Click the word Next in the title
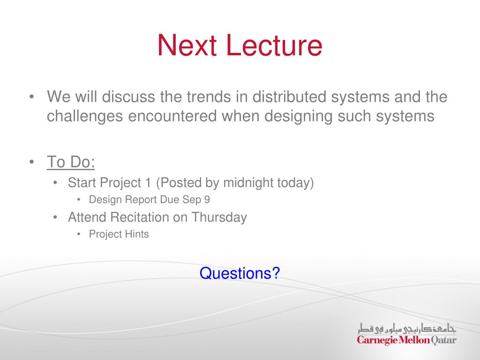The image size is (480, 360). pyautogui.click(x=187, y=45)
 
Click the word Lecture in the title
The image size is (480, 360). pyautogui.click(x=275, y=45)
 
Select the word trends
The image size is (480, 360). pyautogui.click(x=209, y=97)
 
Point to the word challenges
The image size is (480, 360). pyautogui.click(x=84, y=117)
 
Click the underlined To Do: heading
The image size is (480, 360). pyautogui.click(x=71, y=162)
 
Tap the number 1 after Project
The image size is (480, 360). pyautogui.click(x=149, y=183)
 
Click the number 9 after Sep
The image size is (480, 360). pyautogui.click(x=207, y=200)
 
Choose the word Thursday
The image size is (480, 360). pyautogui.click(x=219, y=217)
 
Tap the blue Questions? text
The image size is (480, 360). pyautogui.click(x=240, y=273)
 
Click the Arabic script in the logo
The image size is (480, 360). pyautogui.click(x=407, y=328)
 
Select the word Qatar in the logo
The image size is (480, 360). pyautogui.click(x=443, y=340)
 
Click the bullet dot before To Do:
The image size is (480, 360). pyautogui.click(x=31, y=162)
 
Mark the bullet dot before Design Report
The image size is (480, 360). pyautogui.click(x=79, y=200)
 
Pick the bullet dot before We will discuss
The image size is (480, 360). pyautogui.click(x=31, y=97)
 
